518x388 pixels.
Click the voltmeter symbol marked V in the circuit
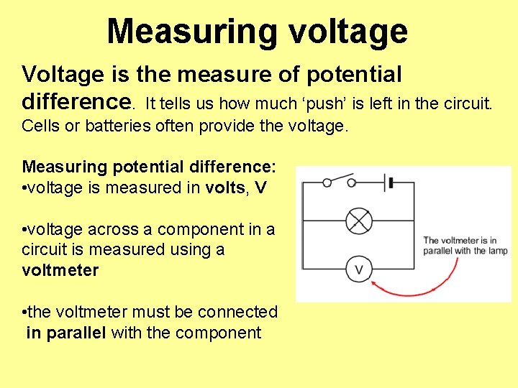(x=358, y=270)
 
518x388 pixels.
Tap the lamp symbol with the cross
(x=358, y=220)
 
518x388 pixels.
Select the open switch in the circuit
(x=340, y=180)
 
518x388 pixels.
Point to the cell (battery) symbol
(x=390, y=182)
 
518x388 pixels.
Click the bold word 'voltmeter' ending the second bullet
(x=60, y=270)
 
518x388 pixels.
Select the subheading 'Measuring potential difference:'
(x=149, y=167)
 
